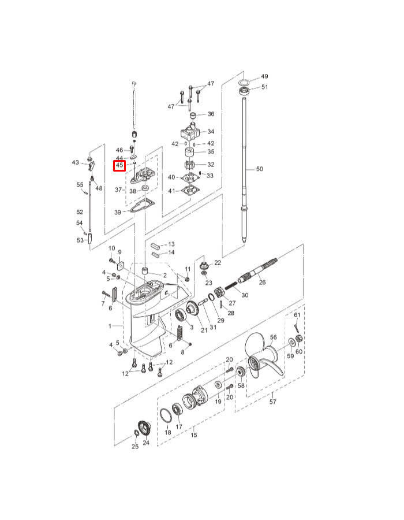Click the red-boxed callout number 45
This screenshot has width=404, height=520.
119,165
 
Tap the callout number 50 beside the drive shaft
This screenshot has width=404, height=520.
260,169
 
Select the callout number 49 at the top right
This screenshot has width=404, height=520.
264,76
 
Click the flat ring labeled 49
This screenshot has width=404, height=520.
244,82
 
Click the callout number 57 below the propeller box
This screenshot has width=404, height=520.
272,402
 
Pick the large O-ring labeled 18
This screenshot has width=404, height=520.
166,415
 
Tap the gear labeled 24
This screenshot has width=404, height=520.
144,429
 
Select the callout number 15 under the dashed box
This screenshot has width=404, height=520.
194,434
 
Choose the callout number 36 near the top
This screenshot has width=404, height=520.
211,114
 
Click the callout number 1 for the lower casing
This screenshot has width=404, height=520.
110,326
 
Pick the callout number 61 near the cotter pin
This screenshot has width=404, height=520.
297,315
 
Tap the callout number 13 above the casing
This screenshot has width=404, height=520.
171,244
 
